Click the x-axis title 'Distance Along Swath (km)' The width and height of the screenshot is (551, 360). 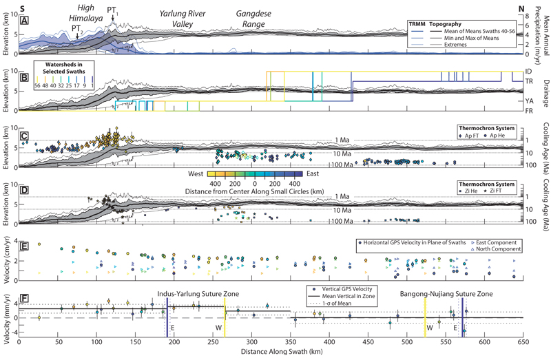(269, 351)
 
